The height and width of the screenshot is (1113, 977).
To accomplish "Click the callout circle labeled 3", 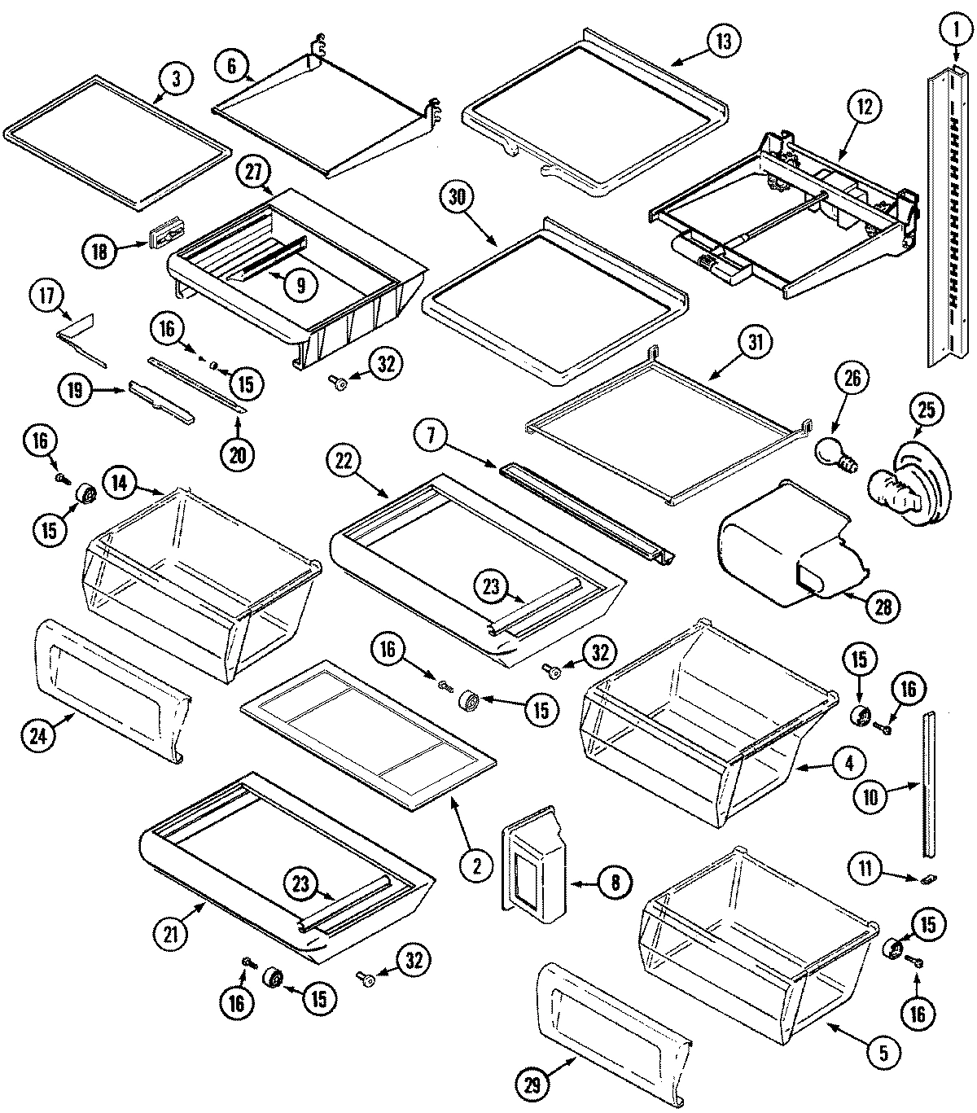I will (177, 80).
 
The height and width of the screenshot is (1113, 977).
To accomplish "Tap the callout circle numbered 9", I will (300, 284).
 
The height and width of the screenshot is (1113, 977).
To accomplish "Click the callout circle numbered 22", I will (344, 462).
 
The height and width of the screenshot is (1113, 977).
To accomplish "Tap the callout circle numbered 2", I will (479, 865).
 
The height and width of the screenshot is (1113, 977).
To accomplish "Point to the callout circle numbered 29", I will (537, 1083).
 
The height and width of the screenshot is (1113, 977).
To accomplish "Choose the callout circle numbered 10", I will (871, 797).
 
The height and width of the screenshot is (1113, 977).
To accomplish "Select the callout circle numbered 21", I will (171, 935).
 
